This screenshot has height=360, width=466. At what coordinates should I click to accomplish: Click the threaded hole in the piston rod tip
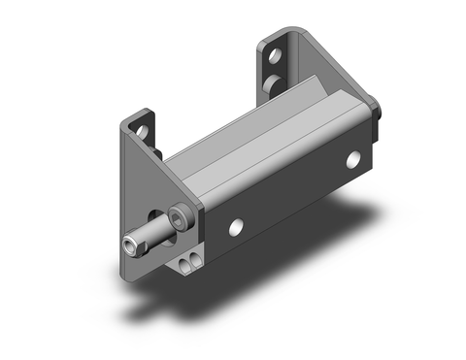131,247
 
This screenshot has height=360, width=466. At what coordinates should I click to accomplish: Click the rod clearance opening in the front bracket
157,215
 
